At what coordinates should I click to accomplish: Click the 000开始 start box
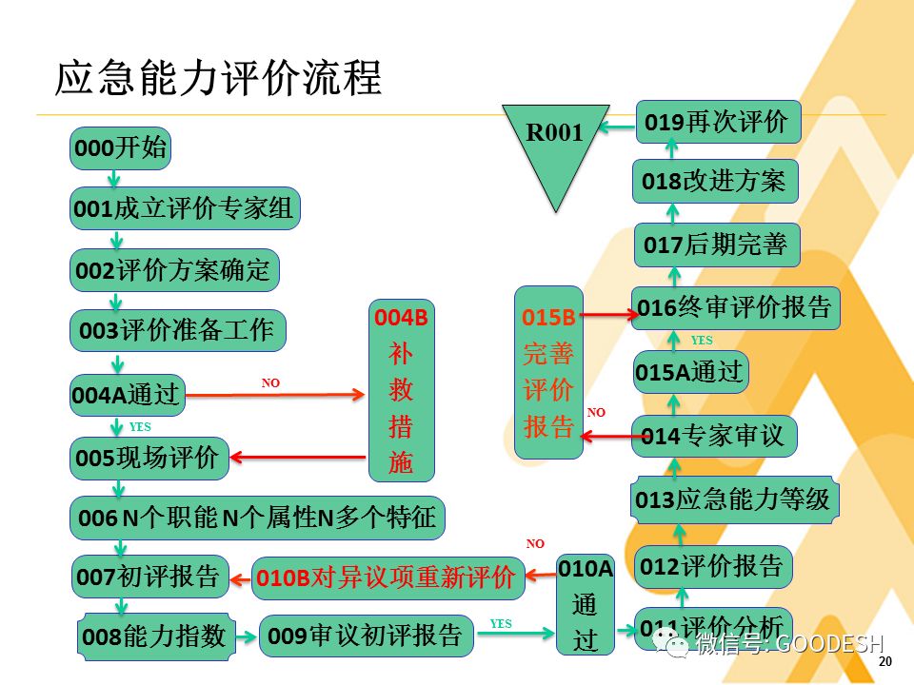pos(120,149)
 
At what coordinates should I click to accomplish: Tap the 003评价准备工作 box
pos(178,331)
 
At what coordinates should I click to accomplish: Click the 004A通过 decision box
pos(128,395)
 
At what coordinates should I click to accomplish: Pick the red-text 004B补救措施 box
pos(402,390)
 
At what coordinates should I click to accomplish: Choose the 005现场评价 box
pos(150,459)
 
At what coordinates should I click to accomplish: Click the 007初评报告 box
pos(150,577)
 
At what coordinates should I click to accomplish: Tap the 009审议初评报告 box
pos(367,636)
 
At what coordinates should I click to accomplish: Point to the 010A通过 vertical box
pos(586,604)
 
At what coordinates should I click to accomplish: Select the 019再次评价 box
pos(718,122)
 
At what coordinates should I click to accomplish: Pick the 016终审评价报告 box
pos(735,308)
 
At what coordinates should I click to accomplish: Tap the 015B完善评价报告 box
pos(548,371)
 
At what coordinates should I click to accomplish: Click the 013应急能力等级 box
pos(735,499)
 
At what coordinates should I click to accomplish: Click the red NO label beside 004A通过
pos(271,382)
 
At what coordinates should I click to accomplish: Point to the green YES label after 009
pos(501,624)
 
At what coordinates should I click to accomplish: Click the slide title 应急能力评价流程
pos(219,78)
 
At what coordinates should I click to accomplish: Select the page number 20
pos(885,663)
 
